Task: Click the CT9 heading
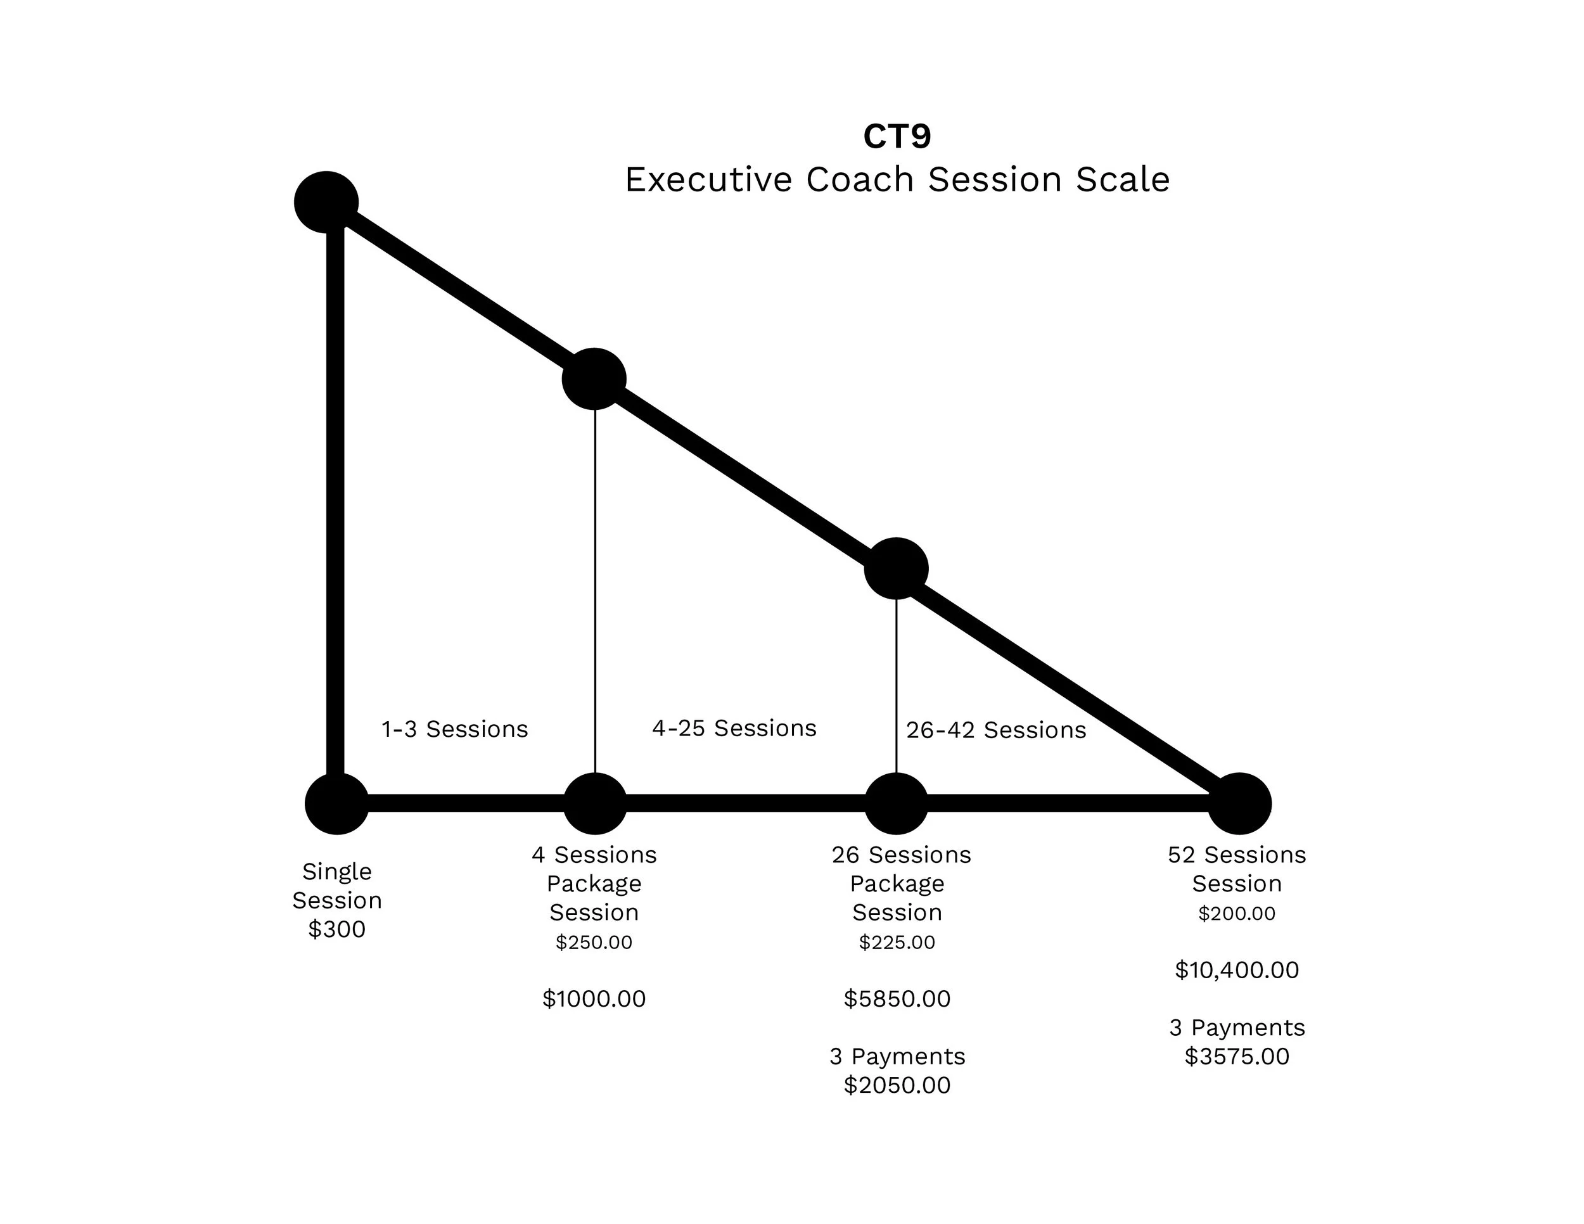coord(897,136)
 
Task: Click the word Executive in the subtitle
coord(708,179)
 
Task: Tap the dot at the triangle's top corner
coord(326,202)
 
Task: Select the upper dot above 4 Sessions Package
coord(594,379)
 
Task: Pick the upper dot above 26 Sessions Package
coord(897,568)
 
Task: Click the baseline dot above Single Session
coord(336,803)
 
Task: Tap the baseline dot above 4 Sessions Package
coord(595,803)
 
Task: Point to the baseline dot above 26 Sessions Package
coord(897,803)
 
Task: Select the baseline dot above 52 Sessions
coord(1239,803)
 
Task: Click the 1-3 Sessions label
coord(455,729)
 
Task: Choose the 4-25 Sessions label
coord(734,728)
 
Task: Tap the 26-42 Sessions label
coord(996,730)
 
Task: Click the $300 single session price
coord(336,929)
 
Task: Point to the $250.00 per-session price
coord(594,942)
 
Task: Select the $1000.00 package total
coord(594,998)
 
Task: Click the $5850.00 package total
coord(897,998)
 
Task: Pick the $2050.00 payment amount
coord(897,1085)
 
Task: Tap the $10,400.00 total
coord(1237,969)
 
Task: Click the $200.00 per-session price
coord(1237,913)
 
